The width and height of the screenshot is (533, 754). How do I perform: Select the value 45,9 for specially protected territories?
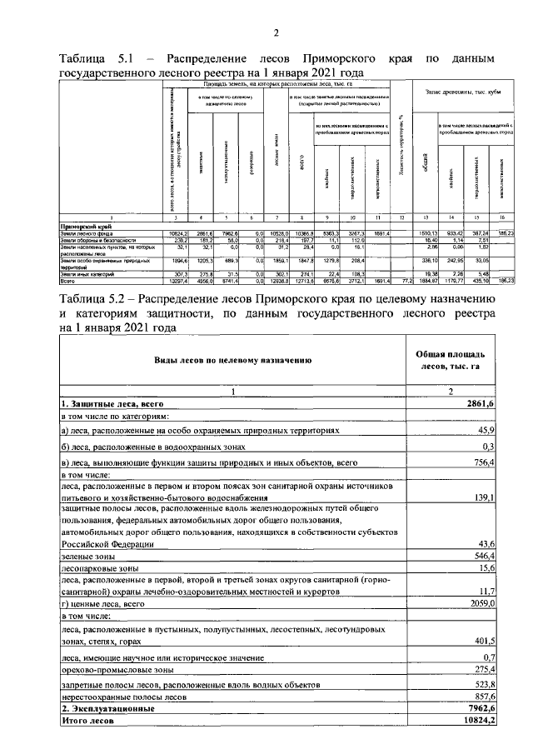(486, 430)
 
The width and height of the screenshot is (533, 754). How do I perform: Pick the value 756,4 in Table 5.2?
(484, 462)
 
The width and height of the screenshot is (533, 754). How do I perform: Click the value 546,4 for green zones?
(484, 553)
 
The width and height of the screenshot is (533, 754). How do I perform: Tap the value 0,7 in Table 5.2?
(489, 657)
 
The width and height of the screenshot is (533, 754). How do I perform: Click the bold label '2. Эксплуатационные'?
(107, 707)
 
